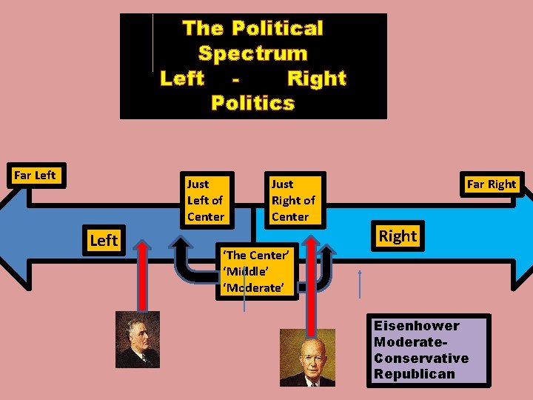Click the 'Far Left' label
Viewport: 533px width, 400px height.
[x=36, y=176]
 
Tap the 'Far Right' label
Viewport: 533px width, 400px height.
[x=492, y=184]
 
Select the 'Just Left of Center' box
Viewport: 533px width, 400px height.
[x=204, y=200]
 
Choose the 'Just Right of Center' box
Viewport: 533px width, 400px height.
[x=293, y=200]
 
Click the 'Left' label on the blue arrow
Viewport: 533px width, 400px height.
[x=103, y=240]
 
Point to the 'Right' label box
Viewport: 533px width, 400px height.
[x=398, y=236]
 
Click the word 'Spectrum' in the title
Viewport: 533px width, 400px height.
[x=252, y=53]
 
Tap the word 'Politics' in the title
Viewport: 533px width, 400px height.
[x=252, y=103]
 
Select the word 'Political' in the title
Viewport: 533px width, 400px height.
[x=277, y=28]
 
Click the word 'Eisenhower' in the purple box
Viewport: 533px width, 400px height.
[x=417, y=326]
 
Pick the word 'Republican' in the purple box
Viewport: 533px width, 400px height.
[x=415, y=374]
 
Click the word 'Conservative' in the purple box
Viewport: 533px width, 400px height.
[x=421, y=358]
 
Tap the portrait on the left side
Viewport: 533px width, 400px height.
[x=138, y=339]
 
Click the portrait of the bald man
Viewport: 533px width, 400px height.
[x=307, y=357]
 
